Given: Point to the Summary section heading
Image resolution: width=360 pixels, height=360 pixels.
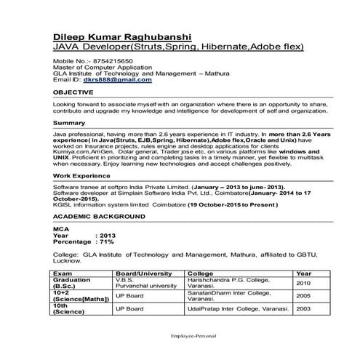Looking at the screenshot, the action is coord(69,123).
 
